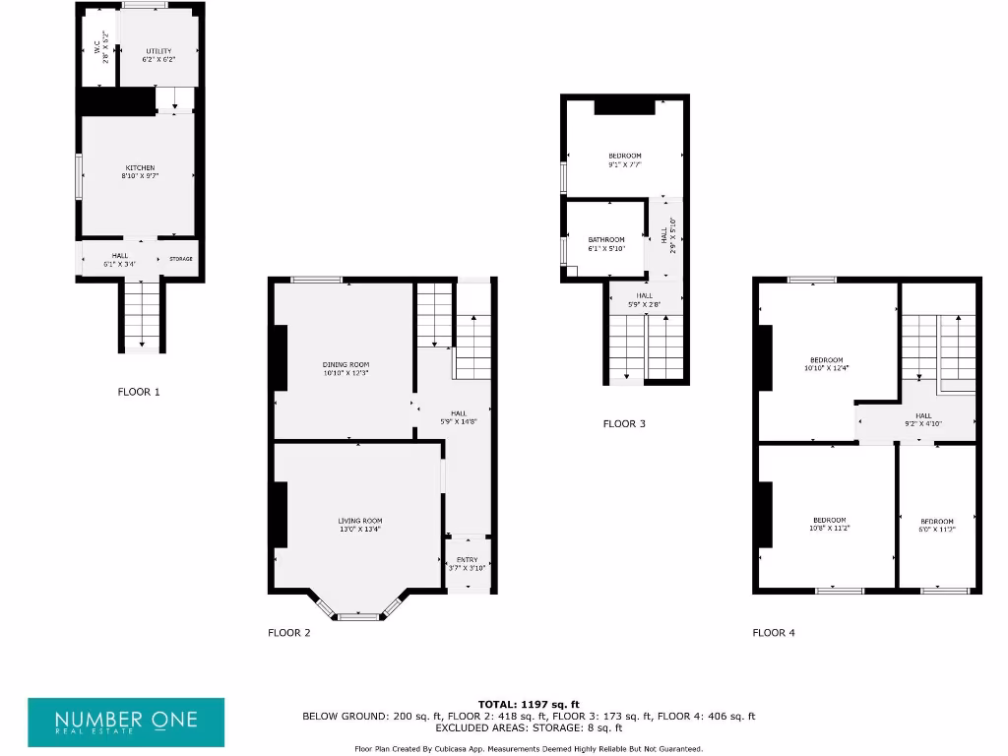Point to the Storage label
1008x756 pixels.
pyautogui.click(x=181, y=259)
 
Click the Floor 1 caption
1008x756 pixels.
pyautogui.click(x=139, y=392)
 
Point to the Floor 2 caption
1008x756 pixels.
pyautogui.click(x=289, y=633)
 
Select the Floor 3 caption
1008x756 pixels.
pyautogui.click(x=624, y=424)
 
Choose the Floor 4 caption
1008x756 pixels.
pyautogui.click(x=774, y=633)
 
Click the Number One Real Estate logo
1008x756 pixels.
pyautogui.click(x=126, y=723)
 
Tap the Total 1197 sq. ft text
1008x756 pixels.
pyautogui.click(x=529, y=704)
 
